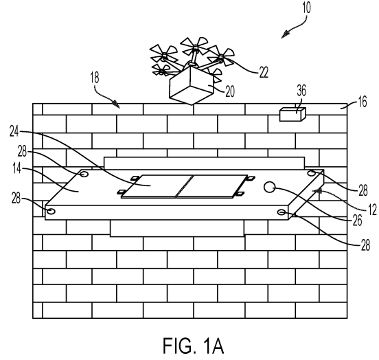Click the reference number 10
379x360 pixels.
click(x=306, y=8)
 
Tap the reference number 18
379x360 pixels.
click(x=95, y=78)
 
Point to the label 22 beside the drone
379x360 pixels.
click(x=264, y=72)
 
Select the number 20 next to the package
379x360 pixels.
click(x=230, y=91)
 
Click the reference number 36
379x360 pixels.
click(x=301, y=91)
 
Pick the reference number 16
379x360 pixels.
click(x=363, y=102)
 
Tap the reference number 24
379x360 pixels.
click(x=14, y=131)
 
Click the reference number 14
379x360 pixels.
click(x=17, y=168)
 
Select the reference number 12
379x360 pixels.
click(x=372, y=209)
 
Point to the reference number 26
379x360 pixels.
click(x=358, y=220)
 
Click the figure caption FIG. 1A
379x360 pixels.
click(x=193, y=346)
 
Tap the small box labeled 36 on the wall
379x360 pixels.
click(x=292, y=115)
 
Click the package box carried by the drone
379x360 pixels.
click(x=192, y=85)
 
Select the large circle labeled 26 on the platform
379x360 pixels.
click(x=269, y=187)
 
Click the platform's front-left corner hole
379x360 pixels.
click(x=51, y=211)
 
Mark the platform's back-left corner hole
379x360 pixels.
click(x=84, y=174)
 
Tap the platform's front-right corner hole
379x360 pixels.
click(x=282, y=212)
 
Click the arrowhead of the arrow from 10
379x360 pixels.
click(x=285, y=34)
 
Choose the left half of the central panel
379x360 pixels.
click(x=157, y=185)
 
